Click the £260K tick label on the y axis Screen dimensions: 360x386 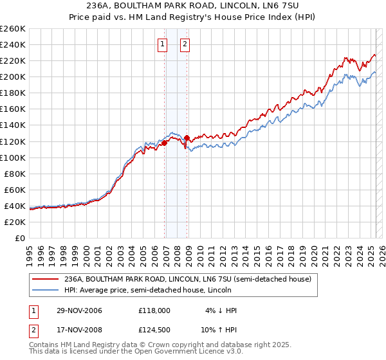click(x=13, y=29)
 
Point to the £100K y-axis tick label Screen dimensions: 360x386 click(x=13, y=157)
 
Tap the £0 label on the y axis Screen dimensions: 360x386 click(x=20, y=238)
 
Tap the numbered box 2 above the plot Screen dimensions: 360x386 click(x=185, y=44)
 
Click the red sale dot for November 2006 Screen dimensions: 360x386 click(x=165, y=143)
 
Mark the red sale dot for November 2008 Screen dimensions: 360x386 click(x=187, y=138)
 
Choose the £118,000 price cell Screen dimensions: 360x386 click(x=154, y=310)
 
